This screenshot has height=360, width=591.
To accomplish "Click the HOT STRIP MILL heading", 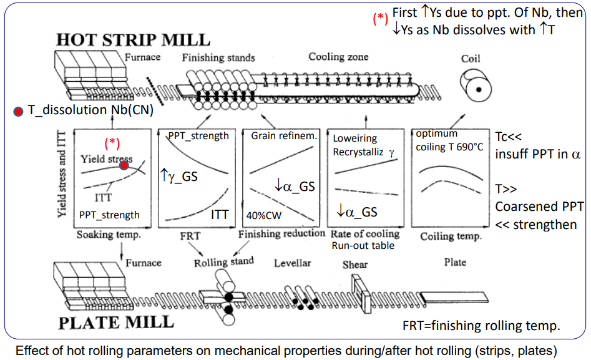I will [x=133, y=40].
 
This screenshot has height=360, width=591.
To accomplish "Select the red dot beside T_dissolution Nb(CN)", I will [x=18, y=112].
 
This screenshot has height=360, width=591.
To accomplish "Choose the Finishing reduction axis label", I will [x=281, y=233].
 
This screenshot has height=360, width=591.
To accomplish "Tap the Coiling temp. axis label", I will [x=451, y=236].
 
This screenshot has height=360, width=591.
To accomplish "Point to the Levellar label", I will [x=292, y=263].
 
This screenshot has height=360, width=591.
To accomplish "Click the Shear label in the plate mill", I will [x=355, y=265].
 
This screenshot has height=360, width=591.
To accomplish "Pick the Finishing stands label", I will [x=218, y=58].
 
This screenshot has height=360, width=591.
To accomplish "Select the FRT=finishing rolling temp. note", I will [x=482, y=325].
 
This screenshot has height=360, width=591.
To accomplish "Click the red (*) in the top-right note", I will [x=380, y=19].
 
